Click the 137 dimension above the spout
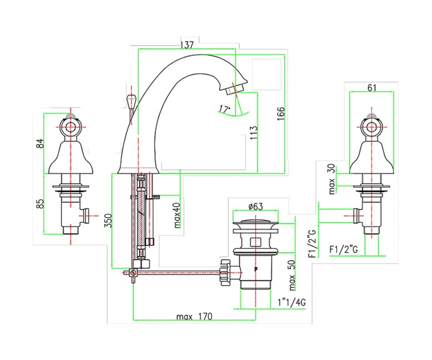click(x=187, y=45)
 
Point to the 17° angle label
click(x=224, y=109)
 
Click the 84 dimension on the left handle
click(x=40, y=143)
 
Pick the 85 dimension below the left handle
click(x=40, y=204)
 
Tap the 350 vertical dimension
click(x=109, y=220)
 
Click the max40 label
click(x=177, y=215)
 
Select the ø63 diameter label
click(x=255, y=206)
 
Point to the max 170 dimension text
click(x=194, y=317)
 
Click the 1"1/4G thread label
click(x=291, y=303)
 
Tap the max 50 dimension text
click(x=292, y=276)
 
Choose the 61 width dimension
click(x=372, y=88)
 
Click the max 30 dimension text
click(x=332, y=179)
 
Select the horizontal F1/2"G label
click(x=343, y=250)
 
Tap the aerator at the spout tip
click(x=233, y=90)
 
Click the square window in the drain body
click(x=255, y=242)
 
